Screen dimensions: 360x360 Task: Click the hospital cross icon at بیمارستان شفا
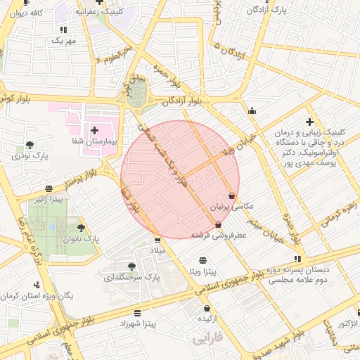95,130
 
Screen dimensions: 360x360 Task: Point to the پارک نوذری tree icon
30,146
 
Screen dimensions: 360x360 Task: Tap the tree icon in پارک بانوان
82,228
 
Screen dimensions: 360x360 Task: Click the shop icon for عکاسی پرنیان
232,195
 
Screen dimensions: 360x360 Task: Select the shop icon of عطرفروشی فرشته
218,225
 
